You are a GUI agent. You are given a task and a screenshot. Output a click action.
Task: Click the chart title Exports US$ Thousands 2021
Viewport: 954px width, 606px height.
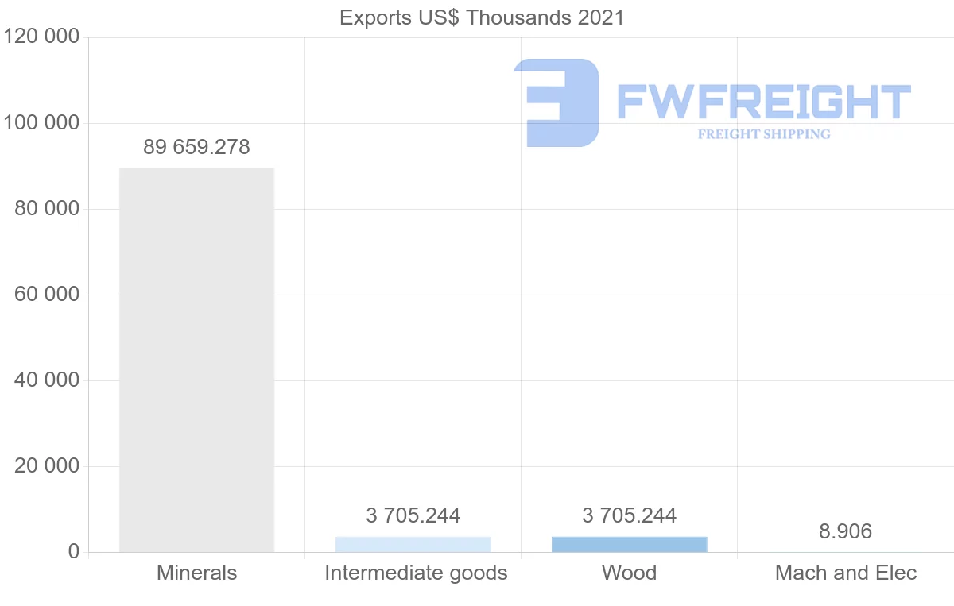(482, 17)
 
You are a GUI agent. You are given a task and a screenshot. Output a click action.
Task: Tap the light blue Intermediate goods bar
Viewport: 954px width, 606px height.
(413, 544)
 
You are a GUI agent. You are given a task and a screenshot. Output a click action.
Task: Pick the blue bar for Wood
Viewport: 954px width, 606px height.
(629, 544)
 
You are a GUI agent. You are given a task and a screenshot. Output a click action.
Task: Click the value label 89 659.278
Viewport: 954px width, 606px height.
(196, 147)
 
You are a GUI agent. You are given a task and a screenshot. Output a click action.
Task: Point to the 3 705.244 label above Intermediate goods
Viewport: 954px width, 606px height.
(413, 515)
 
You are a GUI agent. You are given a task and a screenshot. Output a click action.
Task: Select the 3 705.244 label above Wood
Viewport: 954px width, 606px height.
(629, 515)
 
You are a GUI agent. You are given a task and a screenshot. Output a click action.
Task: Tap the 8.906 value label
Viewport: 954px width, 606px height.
(845, 531)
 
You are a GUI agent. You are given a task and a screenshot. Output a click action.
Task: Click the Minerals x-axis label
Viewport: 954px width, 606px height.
(196, 573)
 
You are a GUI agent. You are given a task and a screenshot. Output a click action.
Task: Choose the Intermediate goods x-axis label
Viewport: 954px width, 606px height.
(416, 573)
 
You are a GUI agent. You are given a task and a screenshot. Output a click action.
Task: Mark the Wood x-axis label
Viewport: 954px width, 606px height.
(629, 573)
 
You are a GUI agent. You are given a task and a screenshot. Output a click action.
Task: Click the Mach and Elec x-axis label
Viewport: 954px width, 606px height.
(846, 573)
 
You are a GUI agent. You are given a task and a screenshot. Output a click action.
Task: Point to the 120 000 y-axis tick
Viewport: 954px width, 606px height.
(41, 37)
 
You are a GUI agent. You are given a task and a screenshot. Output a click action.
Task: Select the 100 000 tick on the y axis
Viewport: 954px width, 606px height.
(41, 123)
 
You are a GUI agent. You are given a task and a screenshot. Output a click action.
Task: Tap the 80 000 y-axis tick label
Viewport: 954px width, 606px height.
(47, 209)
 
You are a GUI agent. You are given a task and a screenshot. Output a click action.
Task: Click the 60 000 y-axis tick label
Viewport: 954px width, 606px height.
(47, 295)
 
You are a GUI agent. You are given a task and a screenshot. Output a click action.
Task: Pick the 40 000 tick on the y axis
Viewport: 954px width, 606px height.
(47, 380)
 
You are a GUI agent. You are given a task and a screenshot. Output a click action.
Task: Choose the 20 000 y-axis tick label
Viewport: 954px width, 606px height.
(47, 466)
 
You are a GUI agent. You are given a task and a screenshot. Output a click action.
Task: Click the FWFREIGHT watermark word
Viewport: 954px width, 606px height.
(763, 102)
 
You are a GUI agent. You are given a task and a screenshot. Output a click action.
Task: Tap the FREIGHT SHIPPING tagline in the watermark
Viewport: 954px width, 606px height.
(763, 134)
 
